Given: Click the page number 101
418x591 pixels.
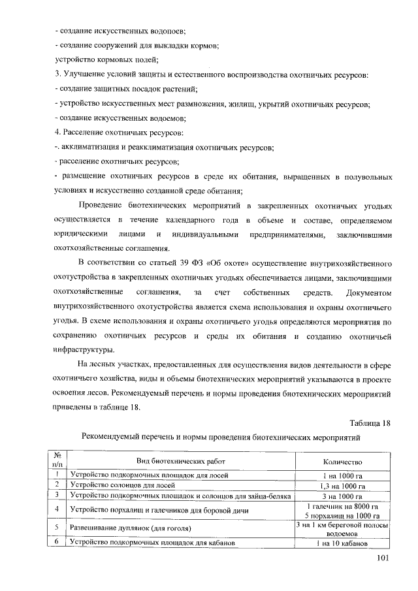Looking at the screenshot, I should point(383,558).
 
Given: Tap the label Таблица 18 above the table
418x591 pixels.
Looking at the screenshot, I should point(370,423).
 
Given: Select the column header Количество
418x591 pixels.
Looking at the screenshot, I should point(342,460).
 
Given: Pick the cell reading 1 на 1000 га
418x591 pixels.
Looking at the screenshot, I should point(342,475).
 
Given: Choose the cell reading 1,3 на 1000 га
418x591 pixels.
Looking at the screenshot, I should point(342,485).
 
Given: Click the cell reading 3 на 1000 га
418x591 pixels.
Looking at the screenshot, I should point(342,496).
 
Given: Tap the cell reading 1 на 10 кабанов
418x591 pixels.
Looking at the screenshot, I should point(342,543).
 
